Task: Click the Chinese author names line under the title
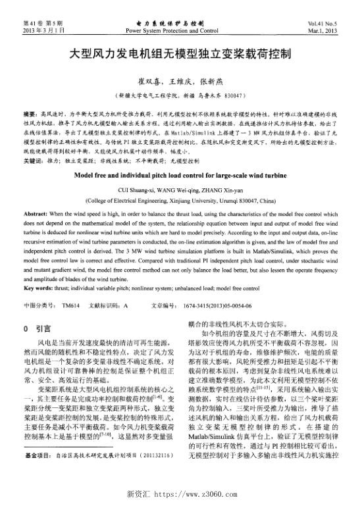[x=182, y=81]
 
